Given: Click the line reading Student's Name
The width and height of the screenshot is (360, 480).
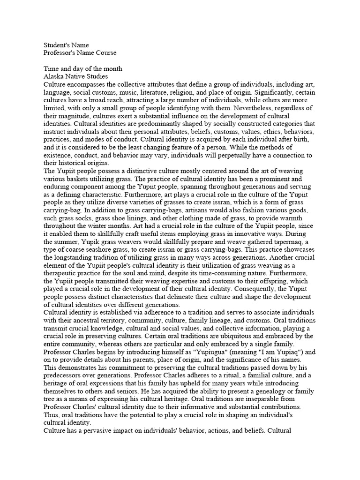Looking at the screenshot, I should point(66,45).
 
